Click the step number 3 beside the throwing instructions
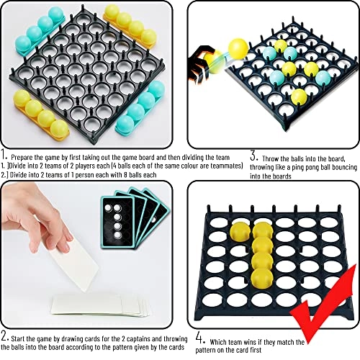pyautogui.click(x=254, y=156)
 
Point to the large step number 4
pyautogui.click(x=201, y=338)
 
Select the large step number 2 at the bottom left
pyautogui.click(x=5, y=336)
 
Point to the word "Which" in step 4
pyautogui.click(x=218, y=342)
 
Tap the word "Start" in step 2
pyautogui.click(x=18, y=339)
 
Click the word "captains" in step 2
pyautogui.click(x=138, y=339)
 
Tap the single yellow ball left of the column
pyautogui.click(x=240, y=231)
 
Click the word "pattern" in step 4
pyautogui.click(x=206, y=350)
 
